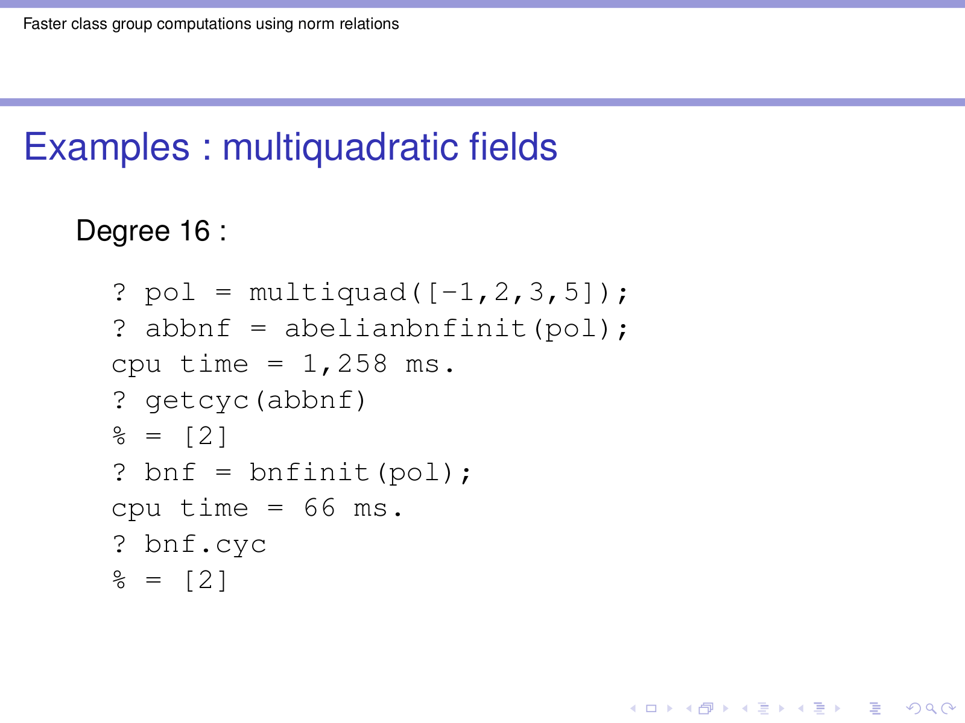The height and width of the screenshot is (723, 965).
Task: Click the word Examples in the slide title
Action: tap(106, 146)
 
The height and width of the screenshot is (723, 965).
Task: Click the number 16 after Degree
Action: tap(195, 231)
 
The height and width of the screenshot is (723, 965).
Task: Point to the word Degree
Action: tap(123, 231)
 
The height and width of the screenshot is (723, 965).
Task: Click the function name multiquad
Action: tap(328, 293)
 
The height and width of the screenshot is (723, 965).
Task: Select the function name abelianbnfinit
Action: tap(406, 328)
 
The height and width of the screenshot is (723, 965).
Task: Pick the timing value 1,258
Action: tap(345, 365)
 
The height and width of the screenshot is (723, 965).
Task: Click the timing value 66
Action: tap(319, 509)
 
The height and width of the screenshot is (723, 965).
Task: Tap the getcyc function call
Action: tap(256, 401)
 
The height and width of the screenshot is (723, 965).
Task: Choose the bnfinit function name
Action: tap(309, 472)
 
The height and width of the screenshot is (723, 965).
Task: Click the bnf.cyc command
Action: tap(205, 545)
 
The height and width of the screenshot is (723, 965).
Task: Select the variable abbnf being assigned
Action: tap(188, 328)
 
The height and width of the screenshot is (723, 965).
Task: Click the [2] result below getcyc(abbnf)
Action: tap(206, 436)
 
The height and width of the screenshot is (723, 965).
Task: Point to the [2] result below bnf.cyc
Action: tap(206, 580)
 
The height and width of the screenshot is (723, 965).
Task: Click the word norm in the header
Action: tap(311, 23)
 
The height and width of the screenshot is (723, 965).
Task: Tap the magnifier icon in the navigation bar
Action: tap(930, 709)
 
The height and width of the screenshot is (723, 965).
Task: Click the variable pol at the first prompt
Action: tap(169, 293)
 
